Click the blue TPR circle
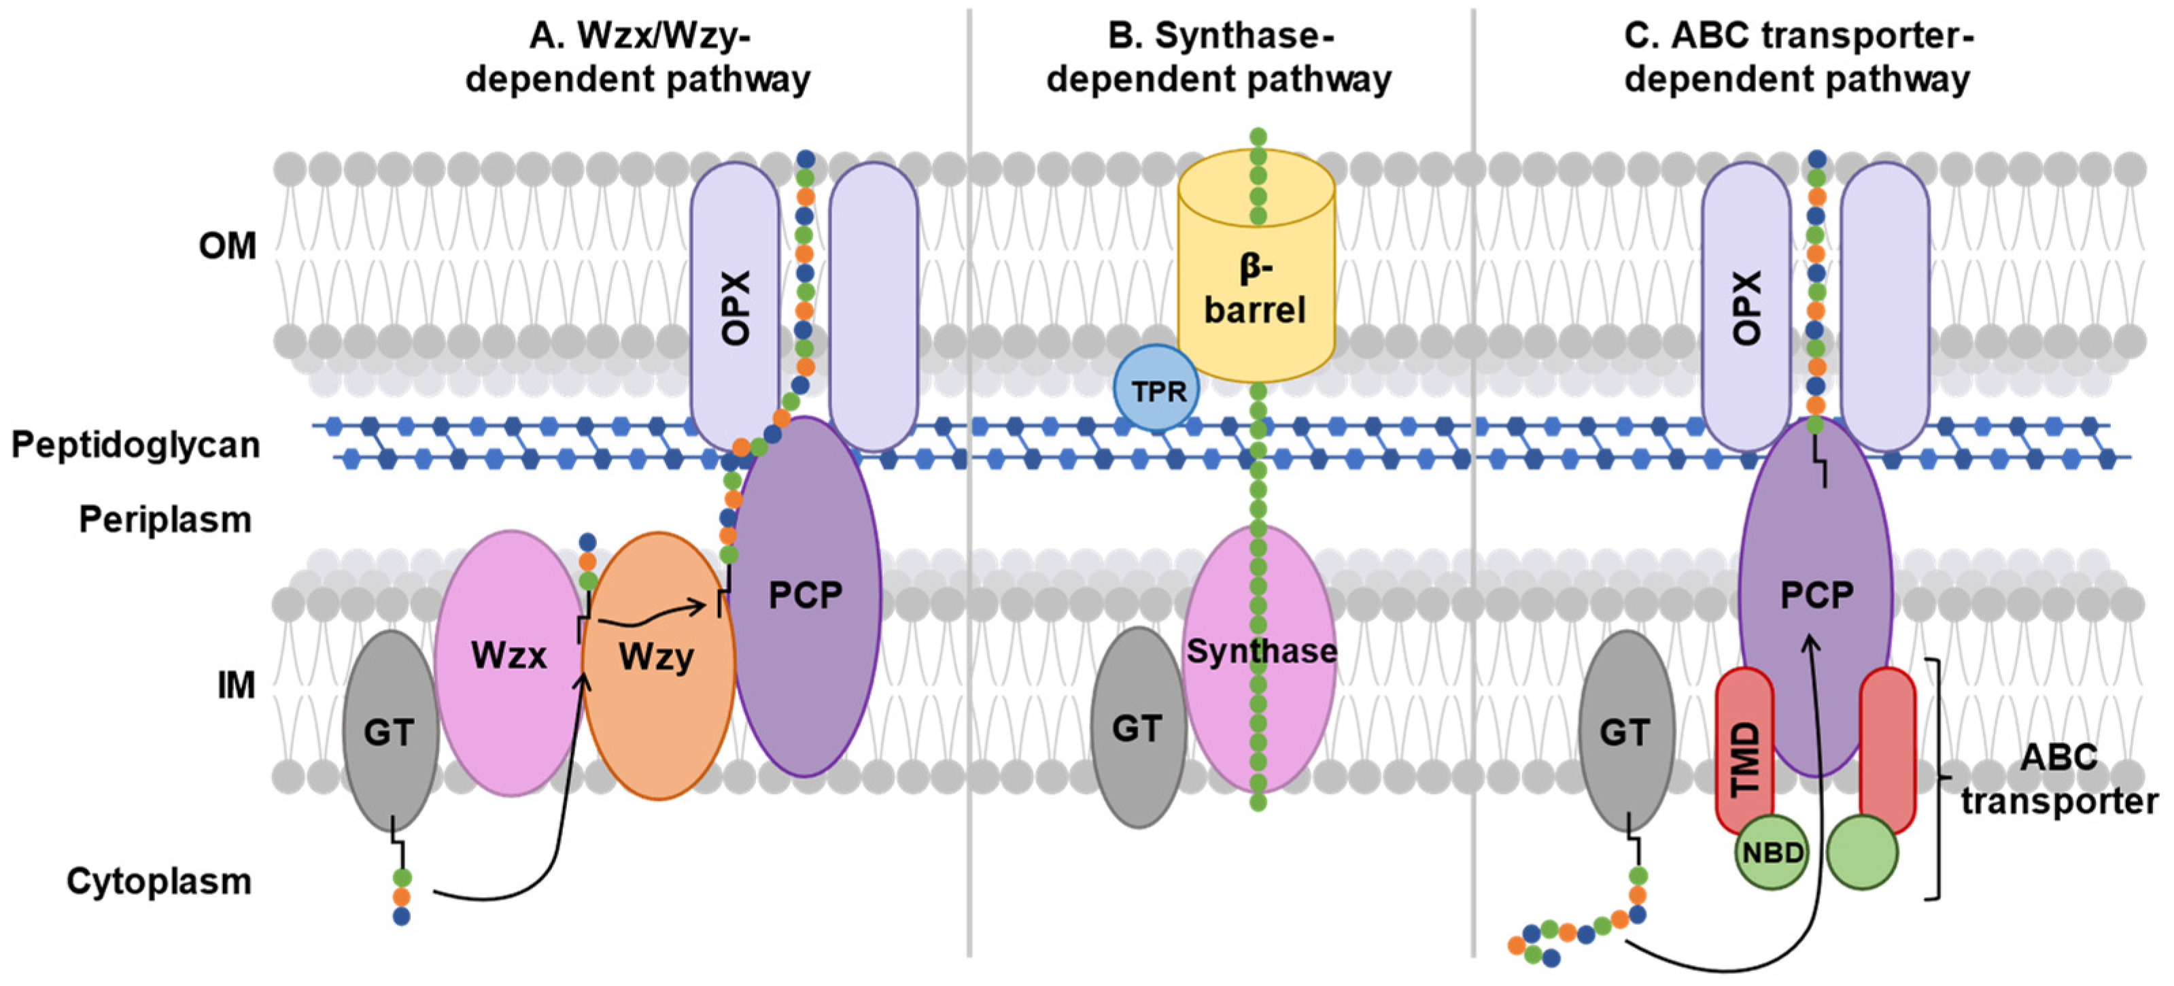pos(1156,389)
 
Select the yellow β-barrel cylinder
pos(1256,267)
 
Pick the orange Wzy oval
pos(658,665)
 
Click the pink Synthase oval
pos(1260,658)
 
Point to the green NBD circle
pos(1772,853)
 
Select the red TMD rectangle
pos(1744,751)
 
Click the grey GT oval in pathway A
pos(390,731)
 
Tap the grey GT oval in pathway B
pos(1139,728)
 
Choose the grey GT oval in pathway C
pos(1626,731)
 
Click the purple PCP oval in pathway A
pos(806,596)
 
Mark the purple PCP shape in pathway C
pos(1815,596)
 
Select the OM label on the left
pos(227,245)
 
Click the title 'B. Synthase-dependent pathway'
pos(1220,57)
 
